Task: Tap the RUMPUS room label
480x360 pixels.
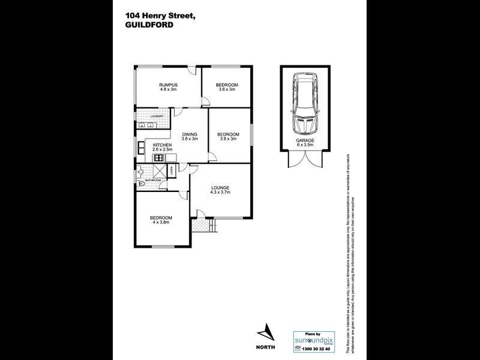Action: pos(167,85)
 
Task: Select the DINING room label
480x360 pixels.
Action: pos(190,134)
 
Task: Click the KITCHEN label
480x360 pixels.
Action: pos(163,145)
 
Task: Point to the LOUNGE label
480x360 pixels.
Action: pos(220,188)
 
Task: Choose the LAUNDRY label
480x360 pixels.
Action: pos(158,116)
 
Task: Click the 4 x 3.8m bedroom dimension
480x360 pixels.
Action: pos(161,222)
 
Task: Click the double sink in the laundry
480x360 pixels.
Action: pos(146,125)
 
